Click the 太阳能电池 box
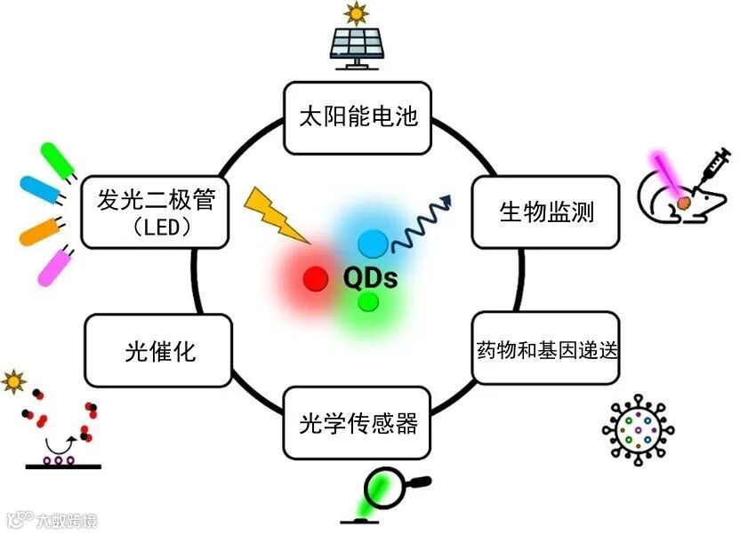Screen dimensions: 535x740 pyautogui.click(x=357, y=117)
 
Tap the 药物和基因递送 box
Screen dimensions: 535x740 pyautogui.click(x=545, y=347)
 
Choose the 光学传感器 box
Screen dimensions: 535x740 pyautogui.click(x=357, y=422)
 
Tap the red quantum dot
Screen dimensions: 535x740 pyautogui.click(x=315, y=278)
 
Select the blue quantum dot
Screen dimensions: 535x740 pyautogui.click(x=371, y=242)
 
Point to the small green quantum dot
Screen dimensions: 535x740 pyautogui.click(x=368, y=302)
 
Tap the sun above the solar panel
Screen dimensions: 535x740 pyautogui.click(x=358, y=13)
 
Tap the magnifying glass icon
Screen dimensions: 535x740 pyautogui.click(x=394, y=491)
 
